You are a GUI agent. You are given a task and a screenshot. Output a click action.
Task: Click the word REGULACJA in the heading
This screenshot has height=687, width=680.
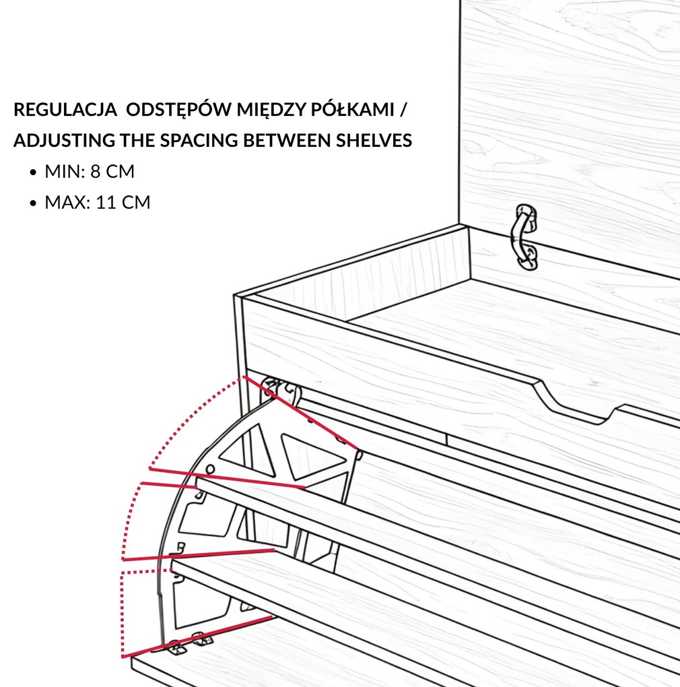point(65,110)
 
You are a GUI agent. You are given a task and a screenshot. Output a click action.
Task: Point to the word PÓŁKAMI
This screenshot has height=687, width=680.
point(353,109)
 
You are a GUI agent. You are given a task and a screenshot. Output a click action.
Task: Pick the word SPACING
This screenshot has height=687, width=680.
point(199,140)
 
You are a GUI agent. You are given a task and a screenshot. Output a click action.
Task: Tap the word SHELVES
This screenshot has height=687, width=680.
point(374,140)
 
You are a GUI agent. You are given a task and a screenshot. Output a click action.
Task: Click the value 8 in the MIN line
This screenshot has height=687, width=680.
point(95,171)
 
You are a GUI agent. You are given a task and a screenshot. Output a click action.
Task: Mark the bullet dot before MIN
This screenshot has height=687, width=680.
point(33,172)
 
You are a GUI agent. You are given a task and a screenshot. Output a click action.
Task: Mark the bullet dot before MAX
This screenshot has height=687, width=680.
point(33,203)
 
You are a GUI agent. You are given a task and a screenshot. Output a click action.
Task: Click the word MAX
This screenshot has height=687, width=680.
point(66,203)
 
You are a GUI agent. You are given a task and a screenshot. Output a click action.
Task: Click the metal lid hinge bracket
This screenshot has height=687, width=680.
point(526,237)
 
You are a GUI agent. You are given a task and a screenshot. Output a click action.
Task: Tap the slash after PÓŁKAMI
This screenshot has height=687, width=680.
point(403,110)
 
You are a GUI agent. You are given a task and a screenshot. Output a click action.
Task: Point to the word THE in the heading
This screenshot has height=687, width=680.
point(137,140)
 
